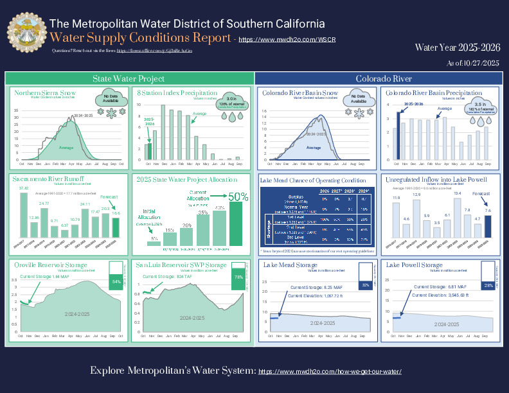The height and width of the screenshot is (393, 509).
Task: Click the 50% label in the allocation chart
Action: click(238, 197)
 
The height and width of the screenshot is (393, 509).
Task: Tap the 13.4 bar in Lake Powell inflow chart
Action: click(458, 217)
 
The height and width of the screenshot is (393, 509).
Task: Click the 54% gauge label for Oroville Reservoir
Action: click(116, 282)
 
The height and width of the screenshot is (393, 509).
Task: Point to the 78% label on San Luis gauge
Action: click(238, 277)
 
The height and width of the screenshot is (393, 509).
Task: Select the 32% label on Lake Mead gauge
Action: click(365, 284)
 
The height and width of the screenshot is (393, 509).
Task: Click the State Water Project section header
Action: click(129, 78)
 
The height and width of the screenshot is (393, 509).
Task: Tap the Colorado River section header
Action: click(384, 78)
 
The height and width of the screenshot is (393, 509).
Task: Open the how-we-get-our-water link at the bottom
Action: click(330, 372)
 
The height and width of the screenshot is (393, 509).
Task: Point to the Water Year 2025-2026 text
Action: click(457, 47)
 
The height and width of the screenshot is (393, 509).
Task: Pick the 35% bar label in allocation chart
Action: click(203, 212)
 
